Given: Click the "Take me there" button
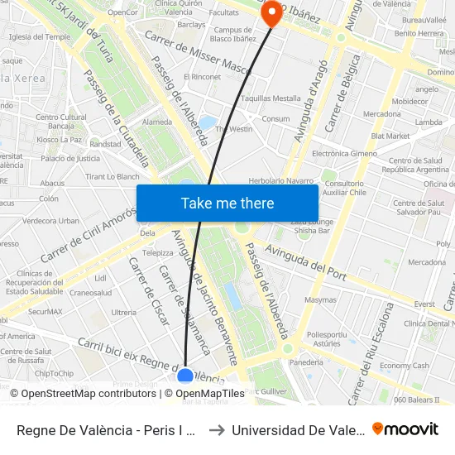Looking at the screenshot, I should (227, 204).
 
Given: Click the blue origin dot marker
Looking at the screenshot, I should (185, 377).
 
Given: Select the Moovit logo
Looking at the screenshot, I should (405, 429).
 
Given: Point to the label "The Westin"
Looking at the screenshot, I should (234, 129).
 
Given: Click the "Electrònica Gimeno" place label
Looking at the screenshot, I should (344, 154).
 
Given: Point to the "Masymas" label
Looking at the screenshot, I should (321, 300).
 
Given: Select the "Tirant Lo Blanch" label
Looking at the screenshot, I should (113, 176).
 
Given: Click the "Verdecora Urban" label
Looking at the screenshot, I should (51, 221).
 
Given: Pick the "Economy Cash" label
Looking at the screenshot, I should (405, 366).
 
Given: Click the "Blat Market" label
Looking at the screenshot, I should (390, 136).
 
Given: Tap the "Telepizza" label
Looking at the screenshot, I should (158, 253).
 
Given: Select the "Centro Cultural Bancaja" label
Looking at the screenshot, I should (61, 122).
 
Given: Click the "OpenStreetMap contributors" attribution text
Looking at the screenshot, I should (84, 394).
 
